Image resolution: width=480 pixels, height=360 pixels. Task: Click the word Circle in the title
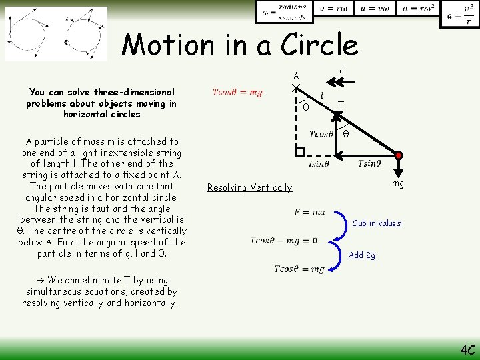coord(319,45)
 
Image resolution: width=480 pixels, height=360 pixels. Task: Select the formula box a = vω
coord(375,9)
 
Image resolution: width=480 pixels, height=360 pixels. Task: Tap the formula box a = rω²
coord(419,9)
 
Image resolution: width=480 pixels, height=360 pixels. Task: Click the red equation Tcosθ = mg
coord(237,93)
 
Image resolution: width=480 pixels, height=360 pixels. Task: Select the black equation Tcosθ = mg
coord(299,269)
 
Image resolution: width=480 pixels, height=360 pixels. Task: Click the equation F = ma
coord(309,212)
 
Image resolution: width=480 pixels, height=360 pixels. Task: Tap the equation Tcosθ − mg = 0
coord(285,241)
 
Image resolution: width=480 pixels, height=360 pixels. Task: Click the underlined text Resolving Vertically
coord(249,187)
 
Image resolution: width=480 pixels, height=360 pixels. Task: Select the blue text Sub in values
coord(377,223)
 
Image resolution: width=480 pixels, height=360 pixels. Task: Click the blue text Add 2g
coord(362,255)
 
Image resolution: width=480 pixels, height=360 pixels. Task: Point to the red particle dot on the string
coord(399,155)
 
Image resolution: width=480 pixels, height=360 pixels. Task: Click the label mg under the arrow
coord(398,183)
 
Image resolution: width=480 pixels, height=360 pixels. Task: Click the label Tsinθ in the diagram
coord(369,164)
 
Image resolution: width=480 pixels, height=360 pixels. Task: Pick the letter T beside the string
coord(341,105)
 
